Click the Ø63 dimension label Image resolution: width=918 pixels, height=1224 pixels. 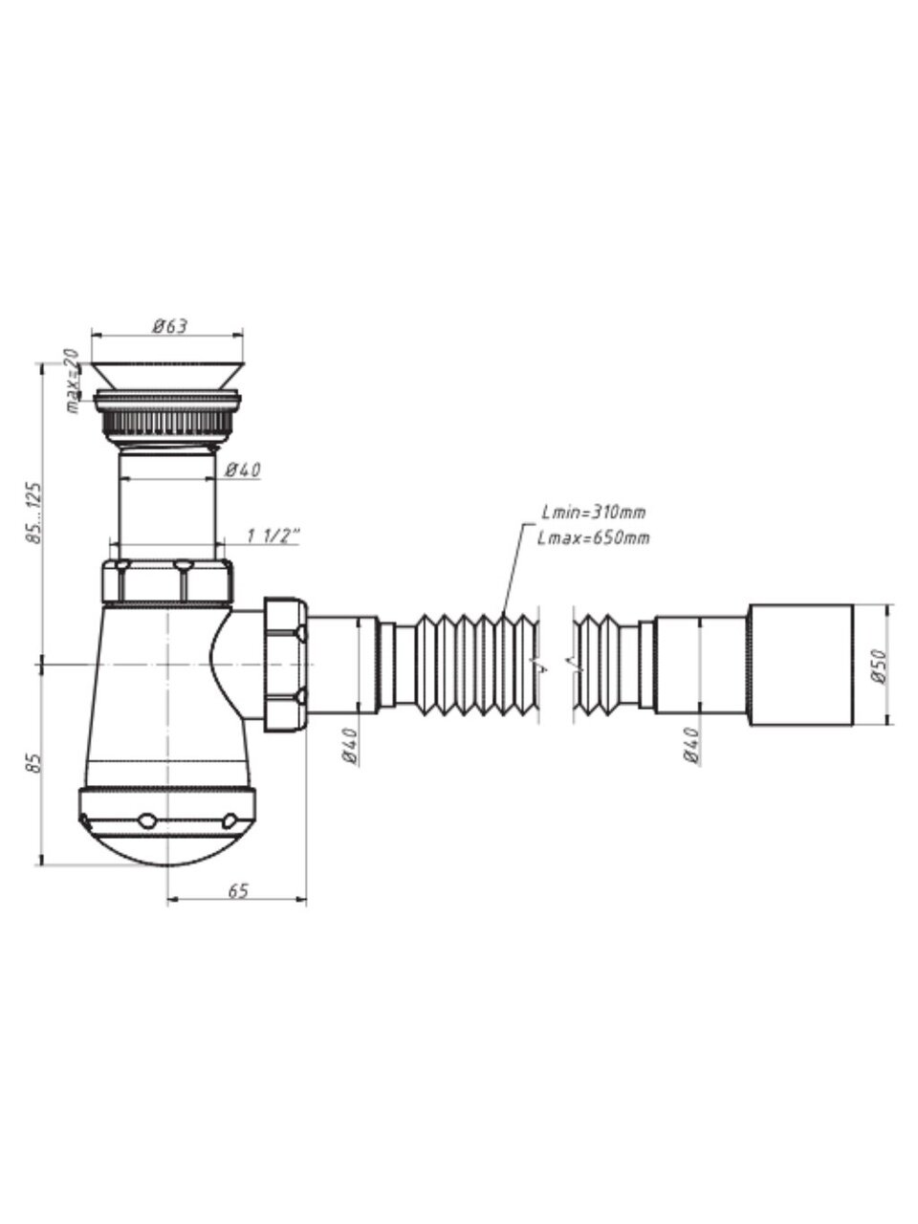pos(169,326)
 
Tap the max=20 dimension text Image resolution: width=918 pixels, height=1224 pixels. pos(73,381)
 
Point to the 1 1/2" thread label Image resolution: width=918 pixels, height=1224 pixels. pos(273,536)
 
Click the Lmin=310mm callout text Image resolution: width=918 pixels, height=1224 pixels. pos(594,512)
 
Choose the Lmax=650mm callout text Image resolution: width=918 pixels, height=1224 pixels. pos(594,538)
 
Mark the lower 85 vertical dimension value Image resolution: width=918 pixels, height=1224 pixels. pos(33,763)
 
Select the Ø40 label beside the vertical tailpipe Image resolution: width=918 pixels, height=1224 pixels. pos(243,470)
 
